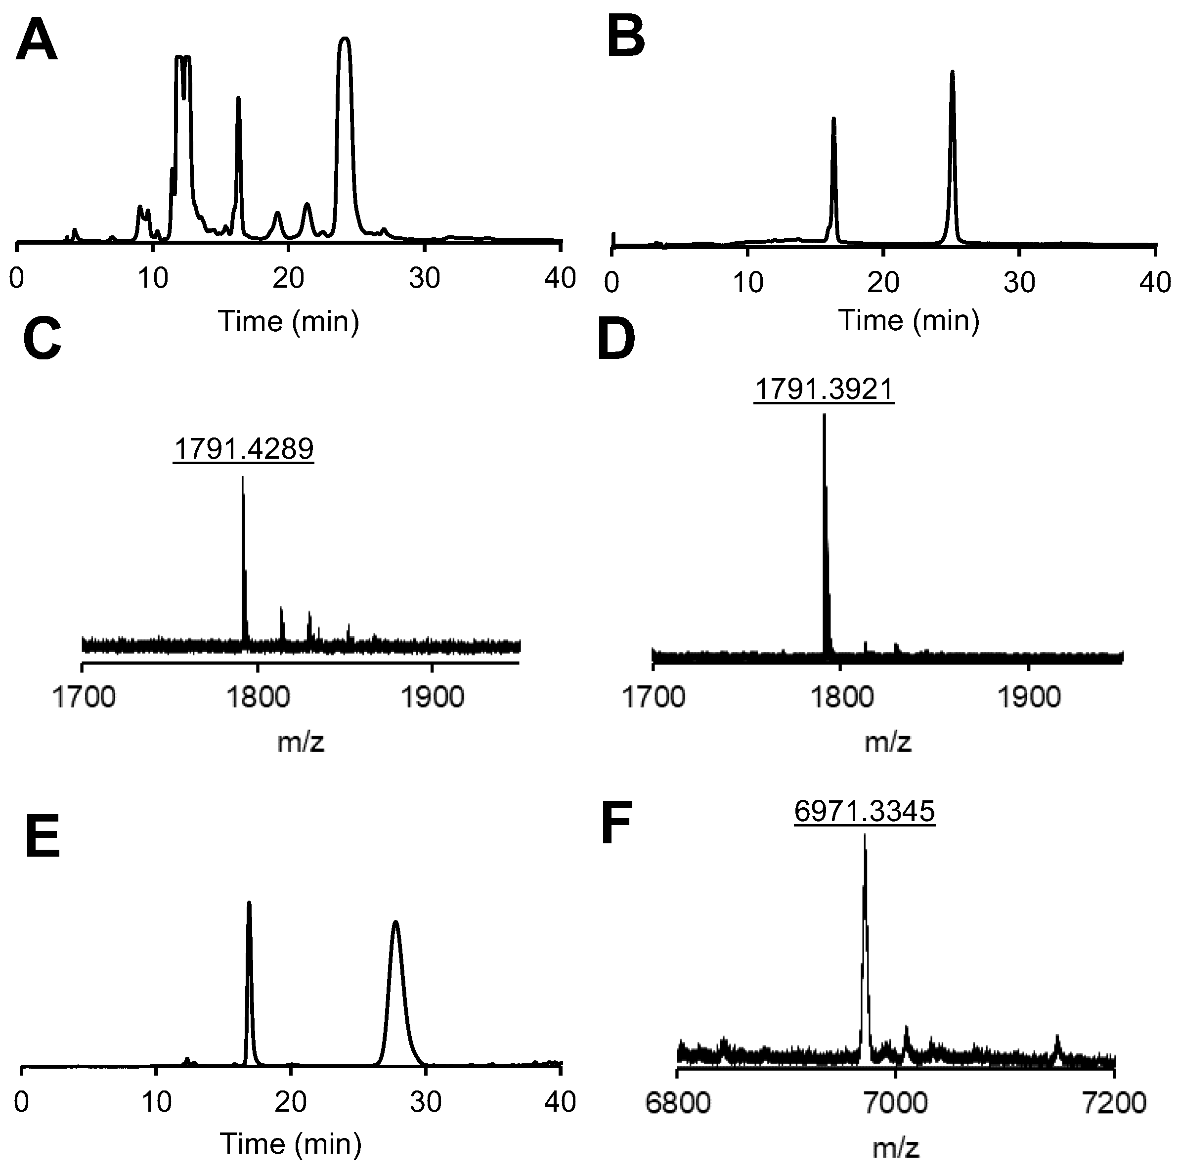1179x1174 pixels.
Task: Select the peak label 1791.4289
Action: point(244,448)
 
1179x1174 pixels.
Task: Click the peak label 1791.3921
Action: point(824,389)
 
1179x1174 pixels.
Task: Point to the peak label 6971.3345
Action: point(864,811)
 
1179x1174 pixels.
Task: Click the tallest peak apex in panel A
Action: point(345,39)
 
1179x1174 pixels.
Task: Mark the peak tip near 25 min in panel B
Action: point(952,73)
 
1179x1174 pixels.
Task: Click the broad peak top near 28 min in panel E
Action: point(395,940)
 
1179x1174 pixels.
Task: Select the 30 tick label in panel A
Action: point(424,279)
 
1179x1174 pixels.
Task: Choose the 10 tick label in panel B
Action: point(747,283)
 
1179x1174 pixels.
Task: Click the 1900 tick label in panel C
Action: point(432,697)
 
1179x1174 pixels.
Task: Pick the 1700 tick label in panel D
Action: point(653,697)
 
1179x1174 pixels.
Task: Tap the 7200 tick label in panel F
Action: point(1114,1103)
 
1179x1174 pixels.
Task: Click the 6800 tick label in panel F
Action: point(677,1103)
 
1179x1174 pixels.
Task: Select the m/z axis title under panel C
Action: point(300,742)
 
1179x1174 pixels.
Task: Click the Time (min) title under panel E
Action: point(291,1143)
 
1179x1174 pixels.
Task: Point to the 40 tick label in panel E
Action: point(560,1102)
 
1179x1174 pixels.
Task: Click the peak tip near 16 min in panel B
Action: point(833,119)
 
